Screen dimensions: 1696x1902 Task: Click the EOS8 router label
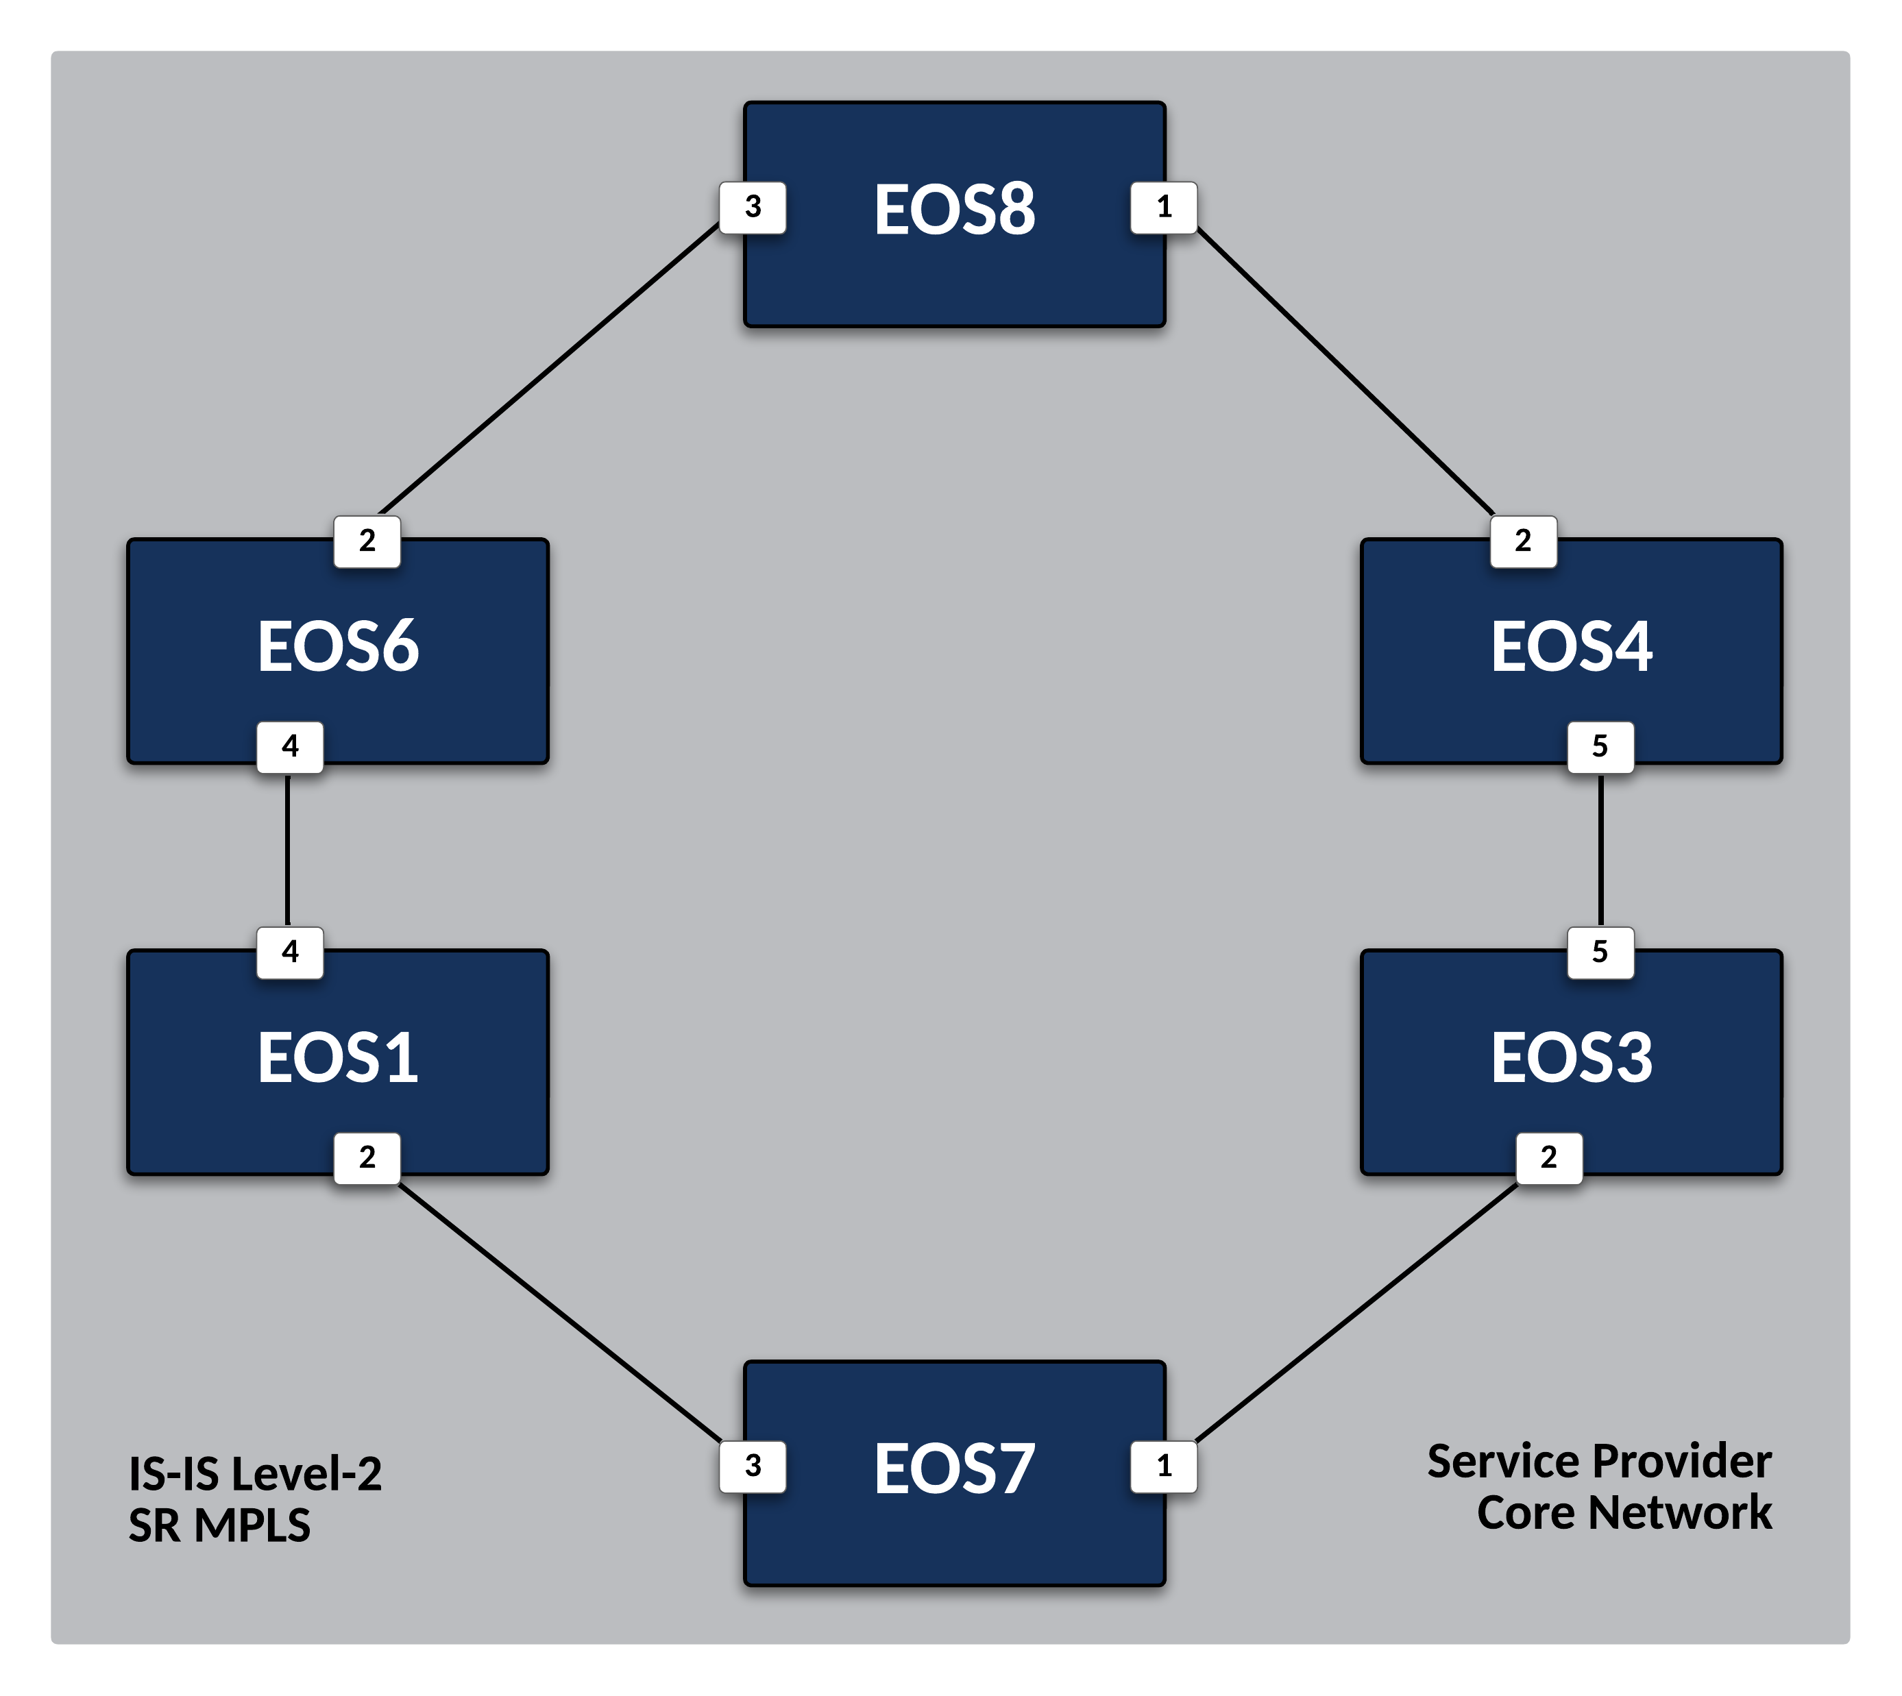pos(954,210)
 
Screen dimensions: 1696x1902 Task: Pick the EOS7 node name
pos(954,1470)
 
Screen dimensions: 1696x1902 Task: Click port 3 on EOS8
pos(753,207)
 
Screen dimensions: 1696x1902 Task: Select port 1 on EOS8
pos(1164,207)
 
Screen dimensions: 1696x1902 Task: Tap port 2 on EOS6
pos(367,541)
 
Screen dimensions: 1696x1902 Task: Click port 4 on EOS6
pos(290,746)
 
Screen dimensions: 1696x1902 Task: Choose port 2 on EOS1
pos(367,1158)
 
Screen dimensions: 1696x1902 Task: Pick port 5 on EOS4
pos(1600,746)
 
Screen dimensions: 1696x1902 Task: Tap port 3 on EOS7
pos(753,1466)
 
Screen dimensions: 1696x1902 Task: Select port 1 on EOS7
pos(1164,1466)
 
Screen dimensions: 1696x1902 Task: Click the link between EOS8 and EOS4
pos(1345,371)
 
